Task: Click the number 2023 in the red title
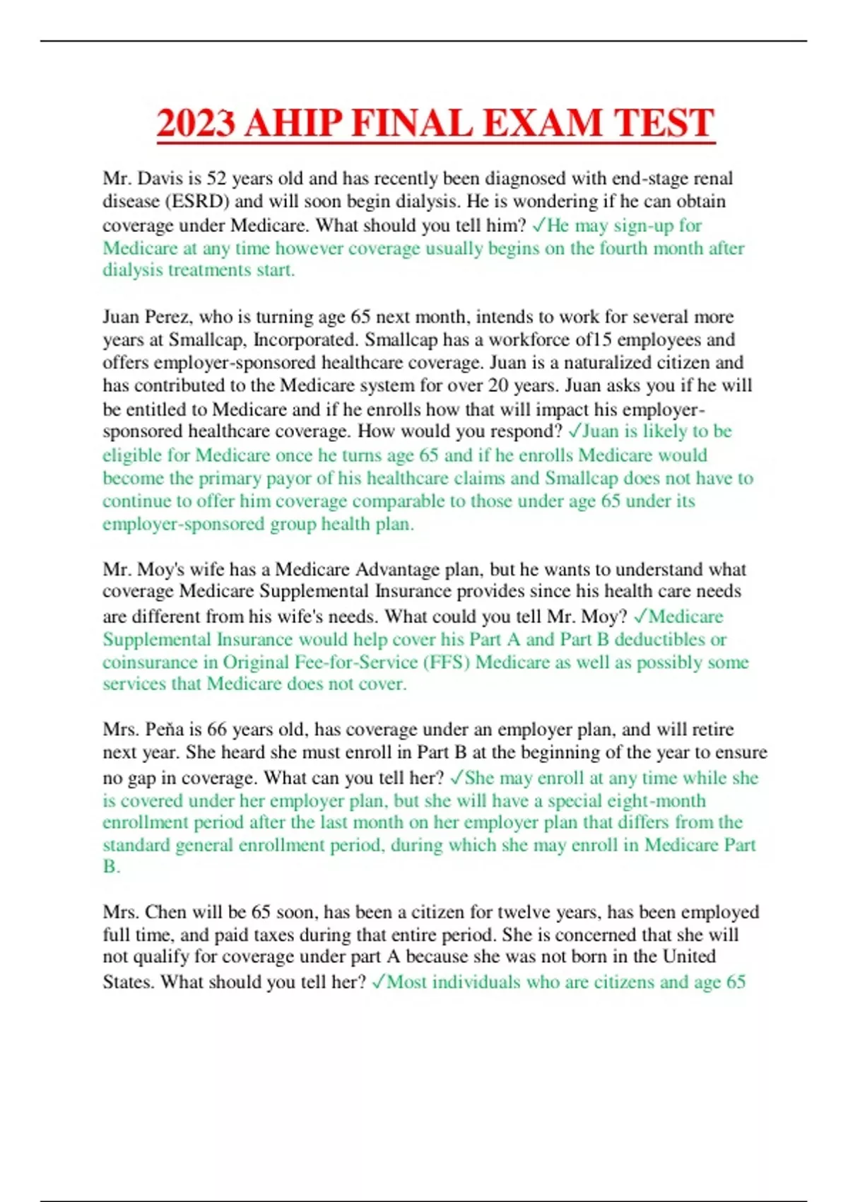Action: click(196, 123)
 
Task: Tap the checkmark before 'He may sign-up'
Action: click(538, 225)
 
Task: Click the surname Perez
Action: click(167, 317)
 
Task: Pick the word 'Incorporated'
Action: click(306, 340)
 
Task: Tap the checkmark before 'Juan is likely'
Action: click(574, 431)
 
